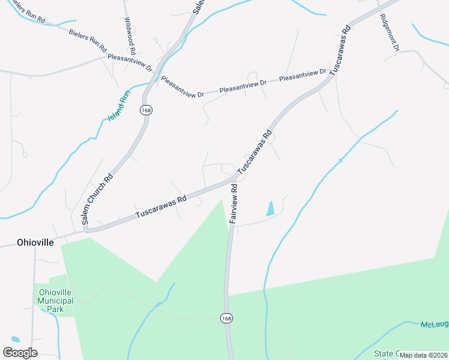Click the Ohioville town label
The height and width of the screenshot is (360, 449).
click(27, 242)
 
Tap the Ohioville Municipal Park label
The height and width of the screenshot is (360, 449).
click(55, 301)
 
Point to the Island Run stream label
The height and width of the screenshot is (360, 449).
click(119, 104)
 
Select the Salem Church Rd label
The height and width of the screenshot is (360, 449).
click(97, 199)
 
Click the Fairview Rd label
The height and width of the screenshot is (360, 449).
click(234, 204)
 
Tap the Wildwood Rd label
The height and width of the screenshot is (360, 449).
click(130, 35)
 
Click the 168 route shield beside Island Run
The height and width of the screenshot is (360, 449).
click(145, 110)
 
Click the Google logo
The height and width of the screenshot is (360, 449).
click(20, 352)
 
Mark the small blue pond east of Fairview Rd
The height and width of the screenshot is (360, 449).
click(270, 209)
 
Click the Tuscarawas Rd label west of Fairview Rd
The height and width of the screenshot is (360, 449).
click(160, 206)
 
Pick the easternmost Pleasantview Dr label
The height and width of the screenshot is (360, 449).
click(303, 76)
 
